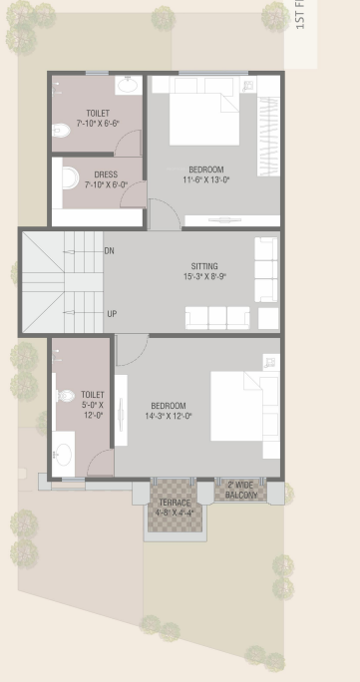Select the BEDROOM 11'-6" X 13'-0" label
click(x=206, y=174)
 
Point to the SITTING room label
click(x=204, y=271)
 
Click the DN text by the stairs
click(x=110, y=251)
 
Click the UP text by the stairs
click(x=112, y=314)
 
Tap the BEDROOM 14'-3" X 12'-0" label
click(x=171, y=411)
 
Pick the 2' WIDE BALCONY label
click(x=240, y=490)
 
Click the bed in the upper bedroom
click(x=204, y=118)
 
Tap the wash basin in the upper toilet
click(x=128, y=85)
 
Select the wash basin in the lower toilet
click(x=64, y=454)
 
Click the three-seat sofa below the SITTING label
click(x=217, y=317)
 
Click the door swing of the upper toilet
click(x=130, y=143)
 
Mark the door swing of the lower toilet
click(x=101, y=463)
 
